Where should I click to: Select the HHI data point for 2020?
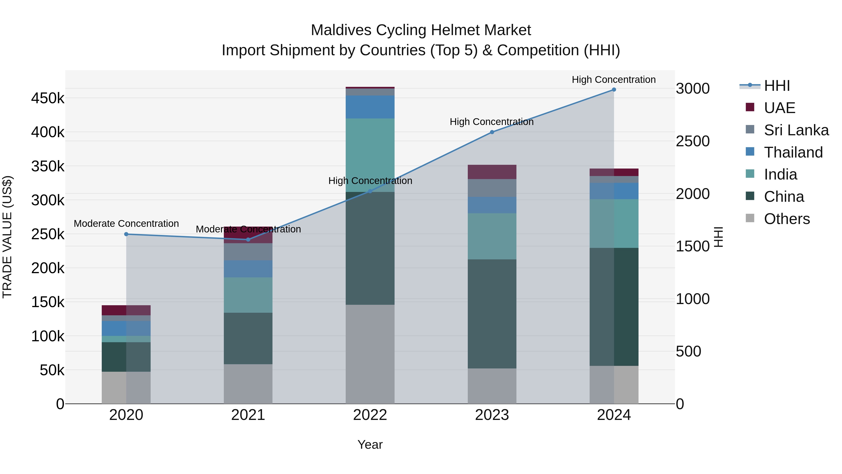[126, 234]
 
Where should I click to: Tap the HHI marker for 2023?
[492, 132]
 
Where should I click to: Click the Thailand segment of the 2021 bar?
[248, 269]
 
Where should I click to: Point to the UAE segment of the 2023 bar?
[492, 172]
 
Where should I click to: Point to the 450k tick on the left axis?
[48, 98]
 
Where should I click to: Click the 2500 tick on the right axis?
[692, 141]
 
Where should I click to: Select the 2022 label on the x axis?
[370, 415]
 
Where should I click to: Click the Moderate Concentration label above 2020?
[126, 224]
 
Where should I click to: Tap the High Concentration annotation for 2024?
[613, 80]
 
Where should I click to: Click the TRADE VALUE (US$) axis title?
[7, 237]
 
